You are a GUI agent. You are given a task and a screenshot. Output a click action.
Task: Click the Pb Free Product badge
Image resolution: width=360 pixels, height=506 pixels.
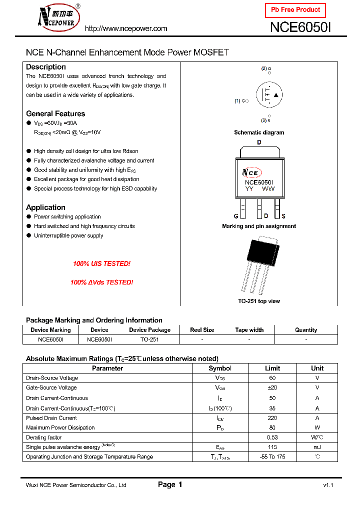(295, 10)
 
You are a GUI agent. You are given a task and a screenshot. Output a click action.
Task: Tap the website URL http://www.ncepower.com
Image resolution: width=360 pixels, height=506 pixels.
(125, 28)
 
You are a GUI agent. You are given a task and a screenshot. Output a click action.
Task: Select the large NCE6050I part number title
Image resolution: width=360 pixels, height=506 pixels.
(300, 27)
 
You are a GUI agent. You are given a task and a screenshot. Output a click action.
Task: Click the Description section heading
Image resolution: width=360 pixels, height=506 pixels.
(46, 67)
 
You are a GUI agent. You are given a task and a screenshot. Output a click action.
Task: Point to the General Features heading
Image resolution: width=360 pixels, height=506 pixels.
(55, 113)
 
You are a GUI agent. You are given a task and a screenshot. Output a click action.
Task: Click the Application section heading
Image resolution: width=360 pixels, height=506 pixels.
(45, 207)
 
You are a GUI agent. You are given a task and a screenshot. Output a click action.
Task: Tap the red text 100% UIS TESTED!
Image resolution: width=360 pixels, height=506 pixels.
(101, 263)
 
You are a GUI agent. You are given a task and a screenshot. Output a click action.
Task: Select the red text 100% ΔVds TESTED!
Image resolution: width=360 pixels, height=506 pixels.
(101, 282)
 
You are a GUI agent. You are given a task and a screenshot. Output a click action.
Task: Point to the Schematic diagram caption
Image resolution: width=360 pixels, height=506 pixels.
(259, 132)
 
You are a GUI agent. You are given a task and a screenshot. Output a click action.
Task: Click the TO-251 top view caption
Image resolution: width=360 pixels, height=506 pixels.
(259, 301)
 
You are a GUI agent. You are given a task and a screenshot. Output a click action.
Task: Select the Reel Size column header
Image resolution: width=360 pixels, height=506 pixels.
(202, 330)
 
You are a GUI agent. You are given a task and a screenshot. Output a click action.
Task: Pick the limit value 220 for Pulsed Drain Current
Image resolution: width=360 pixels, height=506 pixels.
(272, 418)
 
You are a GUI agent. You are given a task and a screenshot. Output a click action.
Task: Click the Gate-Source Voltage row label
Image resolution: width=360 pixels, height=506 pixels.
(51, 387)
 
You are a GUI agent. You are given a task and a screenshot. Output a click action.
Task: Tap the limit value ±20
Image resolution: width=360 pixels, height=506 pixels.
(272, 387)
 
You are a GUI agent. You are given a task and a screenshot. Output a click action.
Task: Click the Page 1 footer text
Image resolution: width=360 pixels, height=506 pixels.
(170, 484)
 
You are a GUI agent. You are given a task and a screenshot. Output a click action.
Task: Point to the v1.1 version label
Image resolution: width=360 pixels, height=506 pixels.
(328, 485)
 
